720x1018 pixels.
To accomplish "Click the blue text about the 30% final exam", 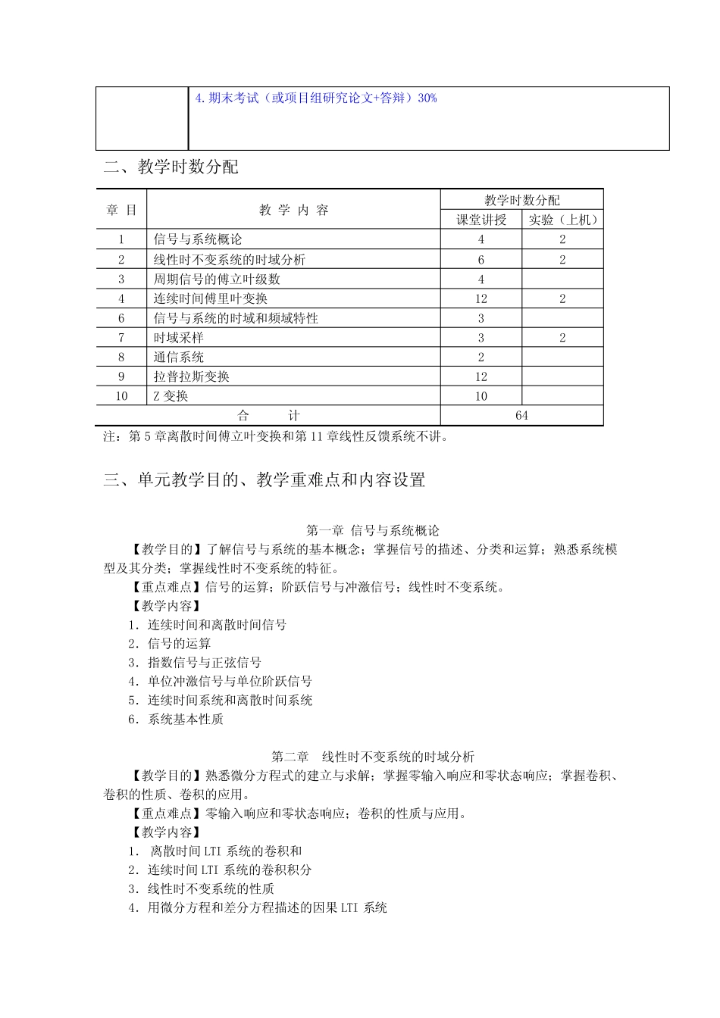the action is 316,98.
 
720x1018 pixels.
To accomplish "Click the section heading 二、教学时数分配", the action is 171,167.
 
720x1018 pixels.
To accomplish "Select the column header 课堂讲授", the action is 481,220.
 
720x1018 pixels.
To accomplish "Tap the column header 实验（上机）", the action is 562,220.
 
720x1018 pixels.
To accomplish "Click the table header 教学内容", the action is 293,210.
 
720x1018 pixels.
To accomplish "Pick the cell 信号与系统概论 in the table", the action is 198,239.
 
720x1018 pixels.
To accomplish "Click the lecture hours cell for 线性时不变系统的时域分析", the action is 481,259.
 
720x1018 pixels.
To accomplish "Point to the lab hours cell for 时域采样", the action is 562,338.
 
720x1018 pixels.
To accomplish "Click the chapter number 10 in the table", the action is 121,396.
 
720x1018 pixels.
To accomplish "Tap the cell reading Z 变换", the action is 171,396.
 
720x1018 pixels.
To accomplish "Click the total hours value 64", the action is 521,416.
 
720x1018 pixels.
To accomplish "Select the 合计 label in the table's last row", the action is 268,416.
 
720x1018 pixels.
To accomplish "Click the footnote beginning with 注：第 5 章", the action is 276,436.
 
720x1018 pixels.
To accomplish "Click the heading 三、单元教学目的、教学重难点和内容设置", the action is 265,479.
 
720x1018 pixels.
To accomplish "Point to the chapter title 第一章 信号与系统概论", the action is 373,530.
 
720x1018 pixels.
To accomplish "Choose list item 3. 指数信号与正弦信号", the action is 195,662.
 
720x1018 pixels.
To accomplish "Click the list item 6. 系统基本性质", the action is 176,719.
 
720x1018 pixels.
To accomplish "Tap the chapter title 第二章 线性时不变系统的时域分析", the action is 373,756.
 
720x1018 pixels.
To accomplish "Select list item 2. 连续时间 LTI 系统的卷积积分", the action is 220,870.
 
